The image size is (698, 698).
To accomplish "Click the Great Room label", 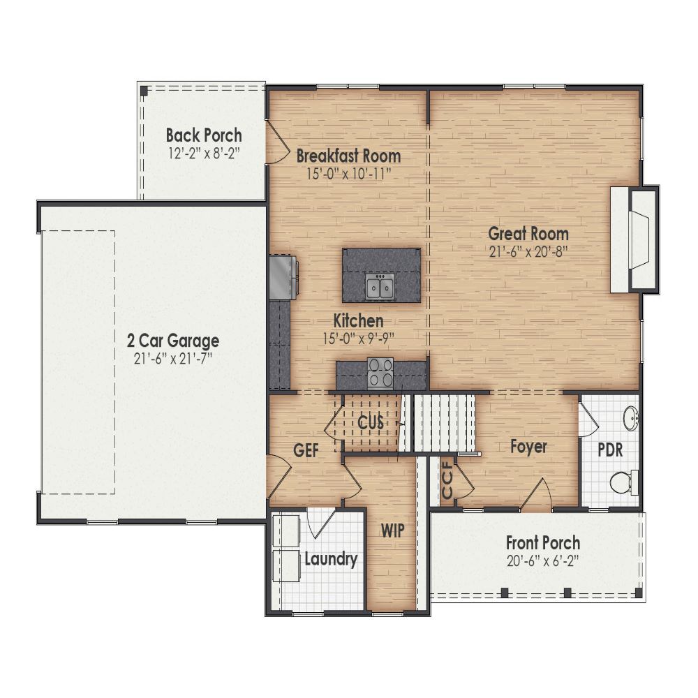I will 528,234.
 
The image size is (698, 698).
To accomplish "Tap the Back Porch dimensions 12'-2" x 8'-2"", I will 204,152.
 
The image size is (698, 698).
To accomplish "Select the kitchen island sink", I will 380,285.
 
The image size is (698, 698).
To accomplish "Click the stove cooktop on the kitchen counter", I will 380,373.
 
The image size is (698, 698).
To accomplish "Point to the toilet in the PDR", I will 623,481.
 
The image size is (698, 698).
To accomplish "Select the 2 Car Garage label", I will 172,341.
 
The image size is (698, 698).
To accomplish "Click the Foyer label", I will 528,447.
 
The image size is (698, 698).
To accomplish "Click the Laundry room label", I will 331,558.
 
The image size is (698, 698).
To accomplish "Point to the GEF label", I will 306,451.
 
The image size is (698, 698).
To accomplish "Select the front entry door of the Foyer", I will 537,497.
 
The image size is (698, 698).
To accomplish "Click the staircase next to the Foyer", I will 445,423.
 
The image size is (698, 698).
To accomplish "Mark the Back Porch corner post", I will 144,91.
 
